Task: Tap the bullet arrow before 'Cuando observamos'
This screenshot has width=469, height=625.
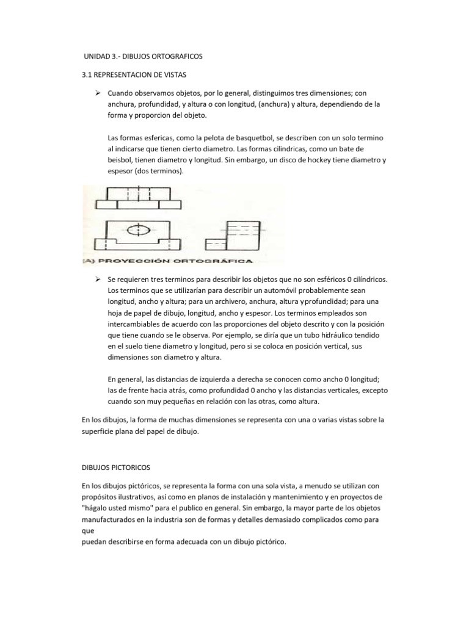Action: coord(96,93)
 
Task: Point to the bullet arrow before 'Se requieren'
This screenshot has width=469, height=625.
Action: coord(96,278)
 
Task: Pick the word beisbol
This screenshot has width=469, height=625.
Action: coord(120,161)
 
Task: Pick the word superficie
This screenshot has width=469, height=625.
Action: coord(100,431)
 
